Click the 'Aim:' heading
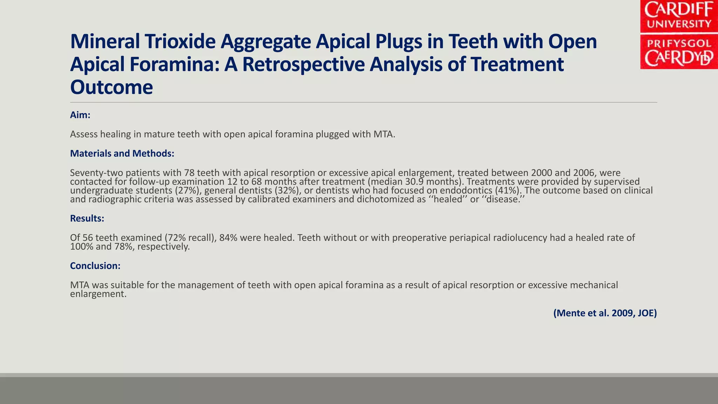(80, 115)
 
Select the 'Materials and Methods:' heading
(122, 153)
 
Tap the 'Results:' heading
(87, 218)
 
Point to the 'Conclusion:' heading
(95, 265)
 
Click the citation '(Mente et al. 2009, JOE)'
(605, 313)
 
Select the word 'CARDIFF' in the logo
(679, 9)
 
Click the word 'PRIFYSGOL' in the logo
(679, 44)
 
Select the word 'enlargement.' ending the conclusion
(98, 294)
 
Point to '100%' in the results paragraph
(82, 247)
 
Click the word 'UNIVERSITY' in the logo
(679, 24)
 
